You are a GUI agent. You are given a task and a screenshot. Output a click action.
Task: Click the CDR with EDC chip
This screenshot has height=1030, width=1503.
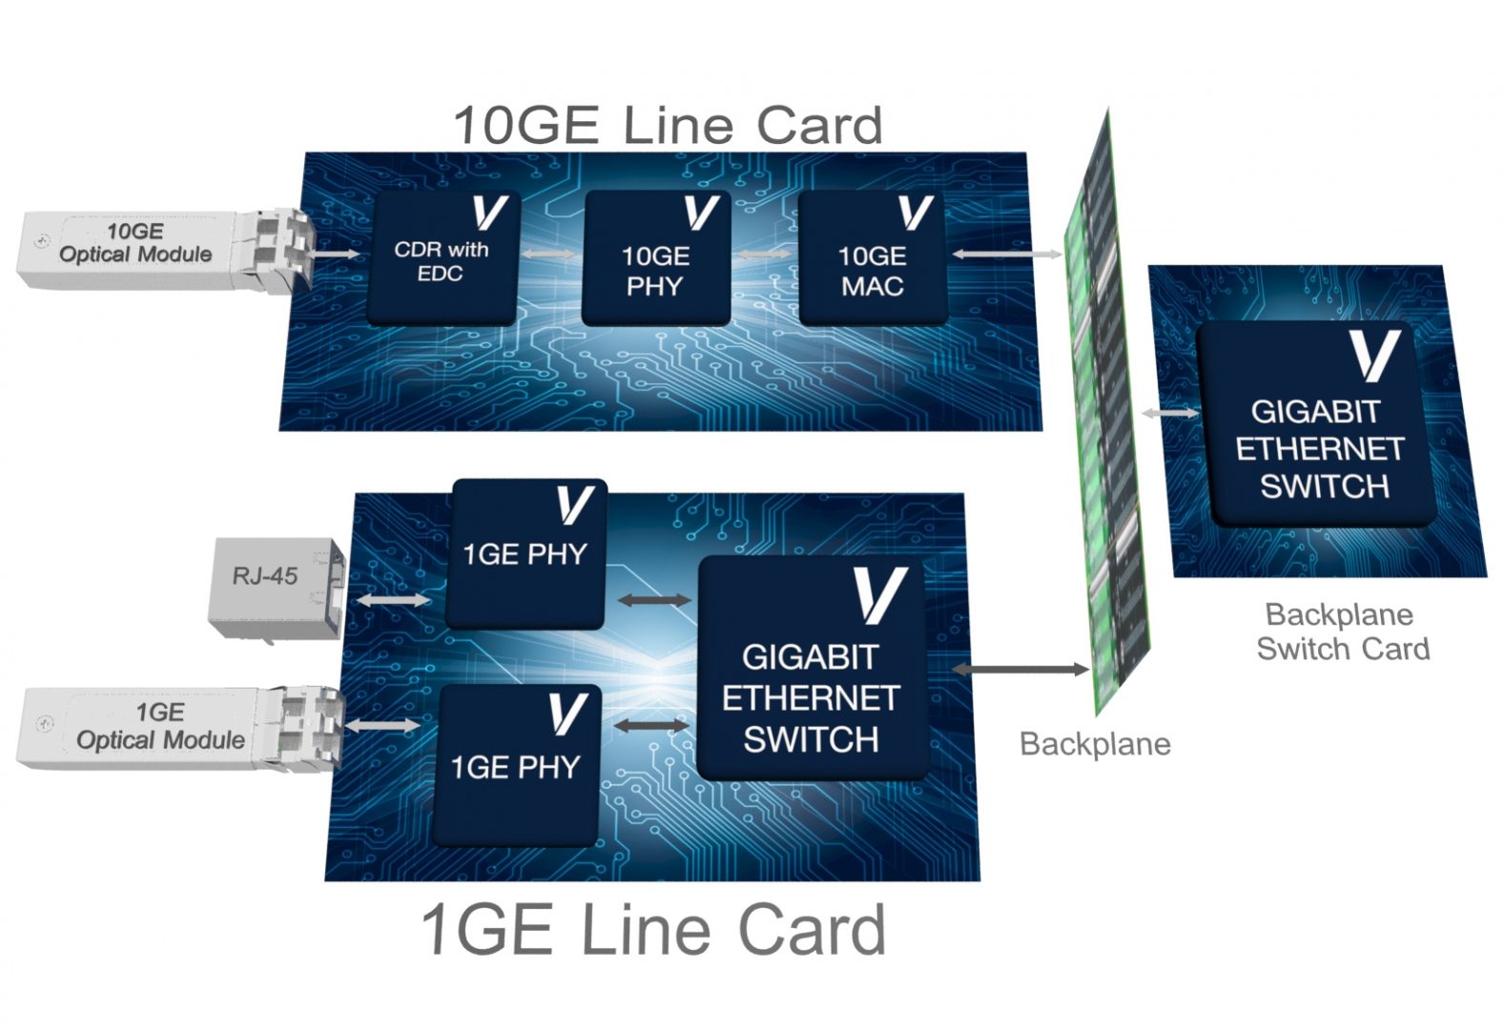[x=442, y=259]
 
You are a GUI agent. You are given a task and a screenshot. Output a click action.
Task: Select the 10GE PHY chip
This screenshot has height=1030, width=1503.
[x=655, y=259]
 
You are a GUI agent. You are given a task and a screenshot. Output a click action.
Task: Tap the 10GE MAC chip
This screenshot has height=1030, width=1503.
[x=871, y=259]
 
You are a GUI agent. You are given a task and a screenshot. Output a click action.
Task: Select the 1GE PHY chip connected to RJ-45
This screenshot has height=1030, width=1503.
[x=525, y=553]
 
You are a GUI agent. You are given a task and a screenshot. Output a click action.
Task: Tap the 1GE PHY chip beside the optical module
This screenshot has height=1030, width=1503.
[x=516, y=765]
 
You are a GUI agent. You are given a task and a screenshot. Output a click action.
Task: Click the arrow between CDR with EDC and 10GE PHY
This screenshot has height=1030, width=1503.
[x=548, y=255]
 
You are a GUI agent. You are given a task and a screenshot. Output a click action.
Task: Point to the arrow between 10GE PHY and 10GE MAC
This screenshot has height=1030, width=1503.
[x=764, y=255]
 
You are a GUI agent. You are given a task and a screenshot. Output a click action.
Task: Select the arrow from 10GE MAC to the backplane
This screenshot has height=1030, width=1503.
[x=1006, y=255]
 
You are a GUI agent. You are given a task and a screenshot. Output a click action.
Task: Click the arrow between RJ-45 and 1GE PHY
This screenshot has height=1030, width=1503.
[x=394, y=600]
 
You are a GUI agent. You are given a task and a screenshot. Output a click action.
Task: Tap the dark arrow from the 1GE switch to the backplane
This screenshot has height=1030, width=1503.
[x=1020, y=669]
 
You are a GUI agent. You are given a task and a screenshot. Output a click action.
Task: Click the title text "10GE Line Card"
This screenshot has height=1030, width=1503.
[x=668, y=126]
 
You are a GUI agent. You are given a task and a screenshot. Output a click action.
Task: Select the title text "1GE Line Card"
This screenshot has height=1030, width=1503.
[x=653, y=930]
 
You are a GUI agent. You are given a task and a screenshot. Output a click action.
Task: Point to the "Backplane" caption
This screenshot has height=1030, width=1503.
[x=1095, y=744]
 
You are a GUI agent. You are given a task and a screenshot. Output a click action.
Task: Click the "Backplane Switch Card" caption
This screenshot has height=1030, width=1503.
[x=1342, y=631]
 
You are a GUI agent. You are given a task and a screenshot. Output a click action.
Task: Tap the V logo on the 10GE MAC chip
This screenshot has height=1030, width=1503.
[x=915, y=214]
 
